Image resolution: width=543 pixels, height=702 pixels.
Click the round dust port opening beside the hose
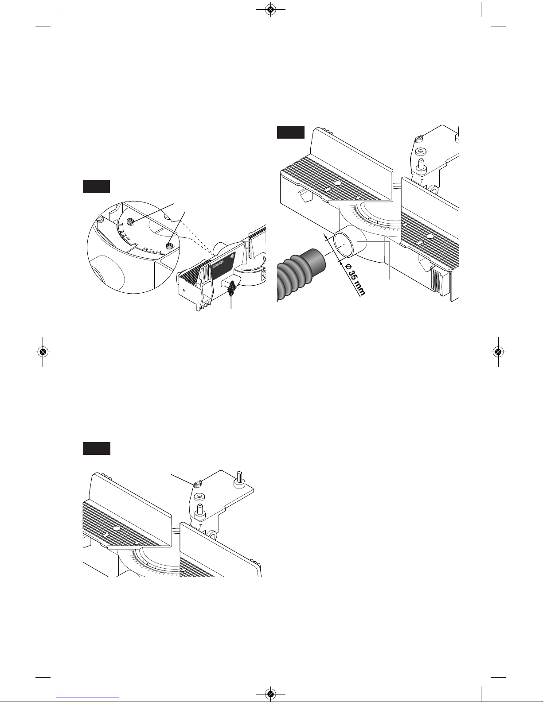point(343,245)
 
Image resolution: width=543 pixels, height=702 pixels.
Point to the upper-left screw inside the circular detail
point(131,221)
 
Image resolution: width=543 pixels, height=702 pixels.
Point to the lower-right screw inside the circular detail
point(169,247)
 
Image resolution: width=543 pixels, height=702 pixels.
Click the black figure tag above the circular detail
point(96,187)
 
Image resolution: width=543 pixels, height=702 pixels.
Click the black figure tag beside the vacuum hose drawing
point(291,132)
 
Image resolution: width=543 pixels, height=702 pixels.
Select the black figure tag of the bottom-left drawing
point(96,448)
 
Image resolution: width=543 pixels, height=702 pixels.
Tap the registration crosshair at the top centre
point(270,10)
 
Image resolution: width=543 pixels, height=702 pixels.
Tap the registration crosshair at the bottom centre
point(270,693)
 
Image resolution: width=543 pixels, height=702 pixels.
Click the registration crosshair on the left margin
point(43,352)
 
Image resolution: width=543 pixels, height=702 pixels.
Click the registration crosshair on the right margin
point(498,352)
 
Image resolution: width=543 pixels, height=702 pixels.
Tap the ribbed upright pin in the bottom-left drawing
point(239,480)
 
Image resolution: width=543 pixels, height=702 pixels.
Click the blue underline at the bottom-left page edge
point(88,698)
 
